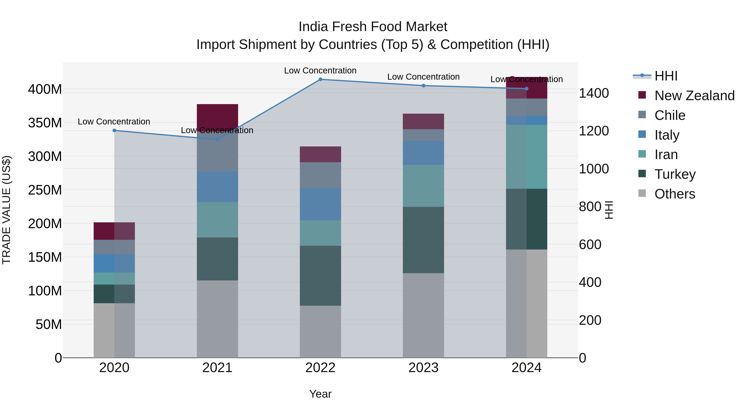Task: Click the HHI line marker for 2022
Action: [x=320, y=79]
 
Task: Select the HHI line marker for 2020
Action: [x=114, y=130]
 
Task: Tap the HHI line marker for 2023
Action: [x=423, y=85]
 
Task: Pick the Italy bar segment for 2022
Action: [x=320, y=204]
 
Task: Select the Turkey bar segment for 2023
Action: [x=423, y=240]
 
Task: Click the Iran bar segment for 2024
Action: [x=527, y=157]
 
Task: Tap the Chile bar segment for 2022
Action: [x=320, y=175]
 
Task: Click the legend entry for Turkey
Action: [x=675, y=174]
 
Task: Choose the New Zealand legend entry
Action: [x=694, y=96]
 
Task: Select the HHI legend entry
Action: [x=665, y=76]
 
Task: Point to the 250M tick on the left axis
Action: [x=45, y=190]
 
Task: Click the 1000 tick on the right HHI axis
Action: [x=594, y=169]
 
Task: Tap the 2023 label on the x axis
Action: [x=423, y=368]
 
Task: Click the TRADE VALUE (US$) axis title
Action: [x=6, y=210]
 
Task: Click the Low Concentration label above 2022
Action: [x=320, y=71]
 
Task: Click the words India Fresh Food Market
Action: [x=373, y=27]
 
